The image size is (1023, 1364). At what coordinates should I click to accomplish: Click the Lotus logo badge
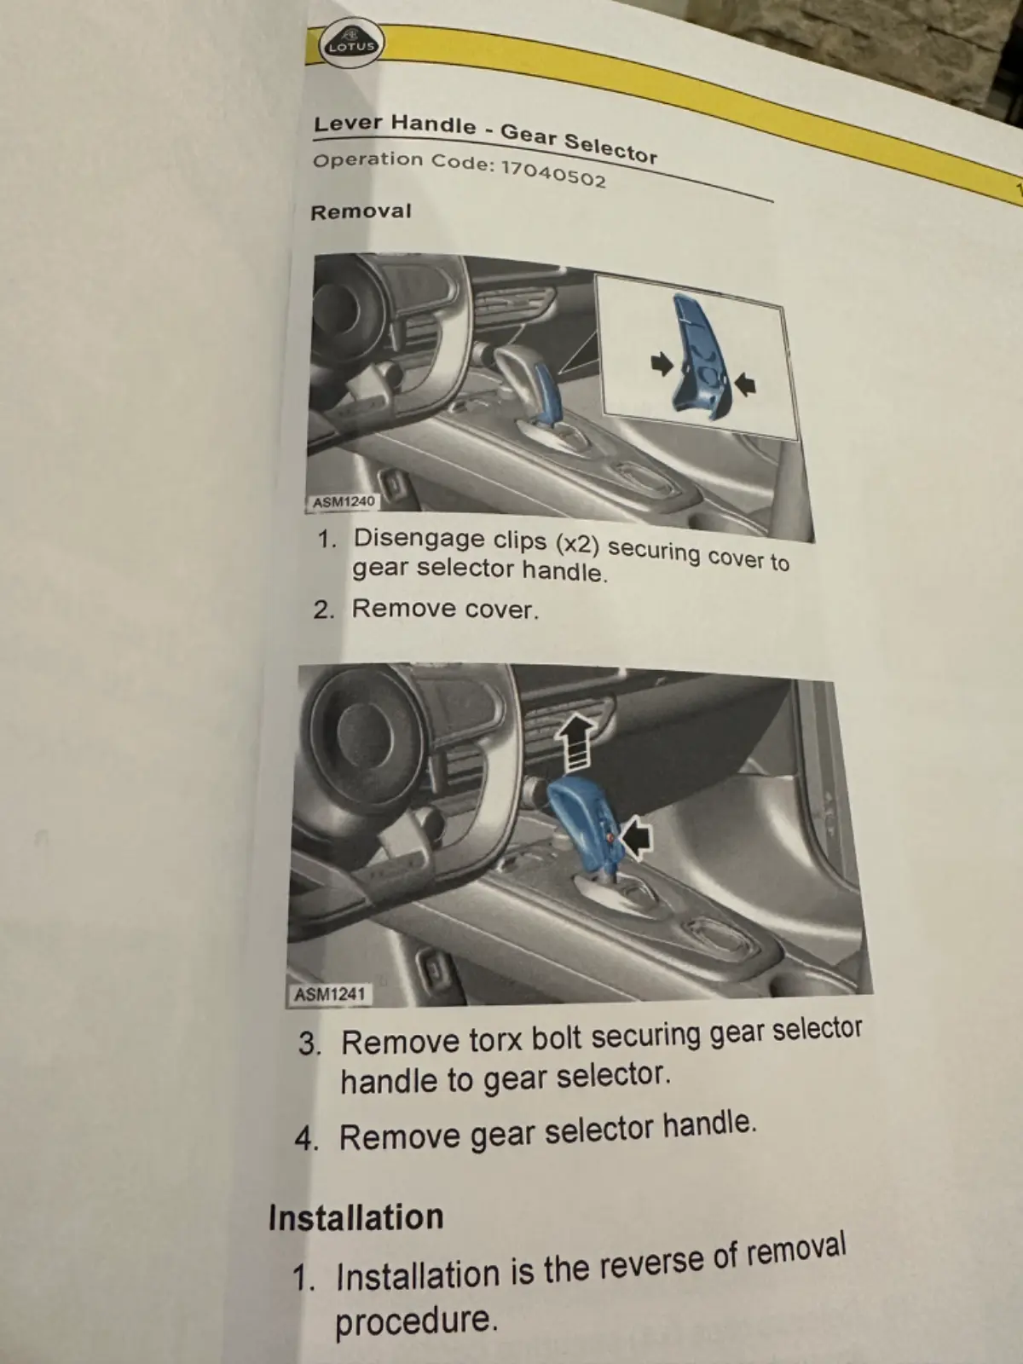(x=351, y=43)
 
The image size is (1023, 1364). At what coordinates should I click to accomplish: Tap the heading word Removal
(x=361, y=212)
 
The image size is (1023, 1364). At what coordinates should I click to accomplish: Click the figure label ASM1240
(x=343, y=502)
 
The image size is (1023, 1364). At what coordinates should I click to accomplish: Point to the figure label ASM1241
(x=331, y=994)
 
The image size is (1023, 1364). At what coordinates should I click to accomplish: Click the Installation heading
(x=355, y=1217)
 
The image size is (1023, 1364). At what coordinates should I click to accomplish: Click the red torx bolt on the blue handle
(x=611, y=839)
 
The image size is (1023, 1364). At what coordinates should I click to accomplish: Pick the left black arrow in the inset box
(x=662, y=364)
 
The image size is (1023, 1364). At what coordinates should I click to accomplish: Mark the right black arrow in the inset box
(x=745, y=384)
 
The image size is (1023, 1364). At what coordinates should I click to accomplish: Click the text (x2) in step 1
(x=577, y=545)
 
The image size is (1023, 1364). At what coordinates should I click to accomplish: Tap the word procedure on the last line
(x=417, y=1321)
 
